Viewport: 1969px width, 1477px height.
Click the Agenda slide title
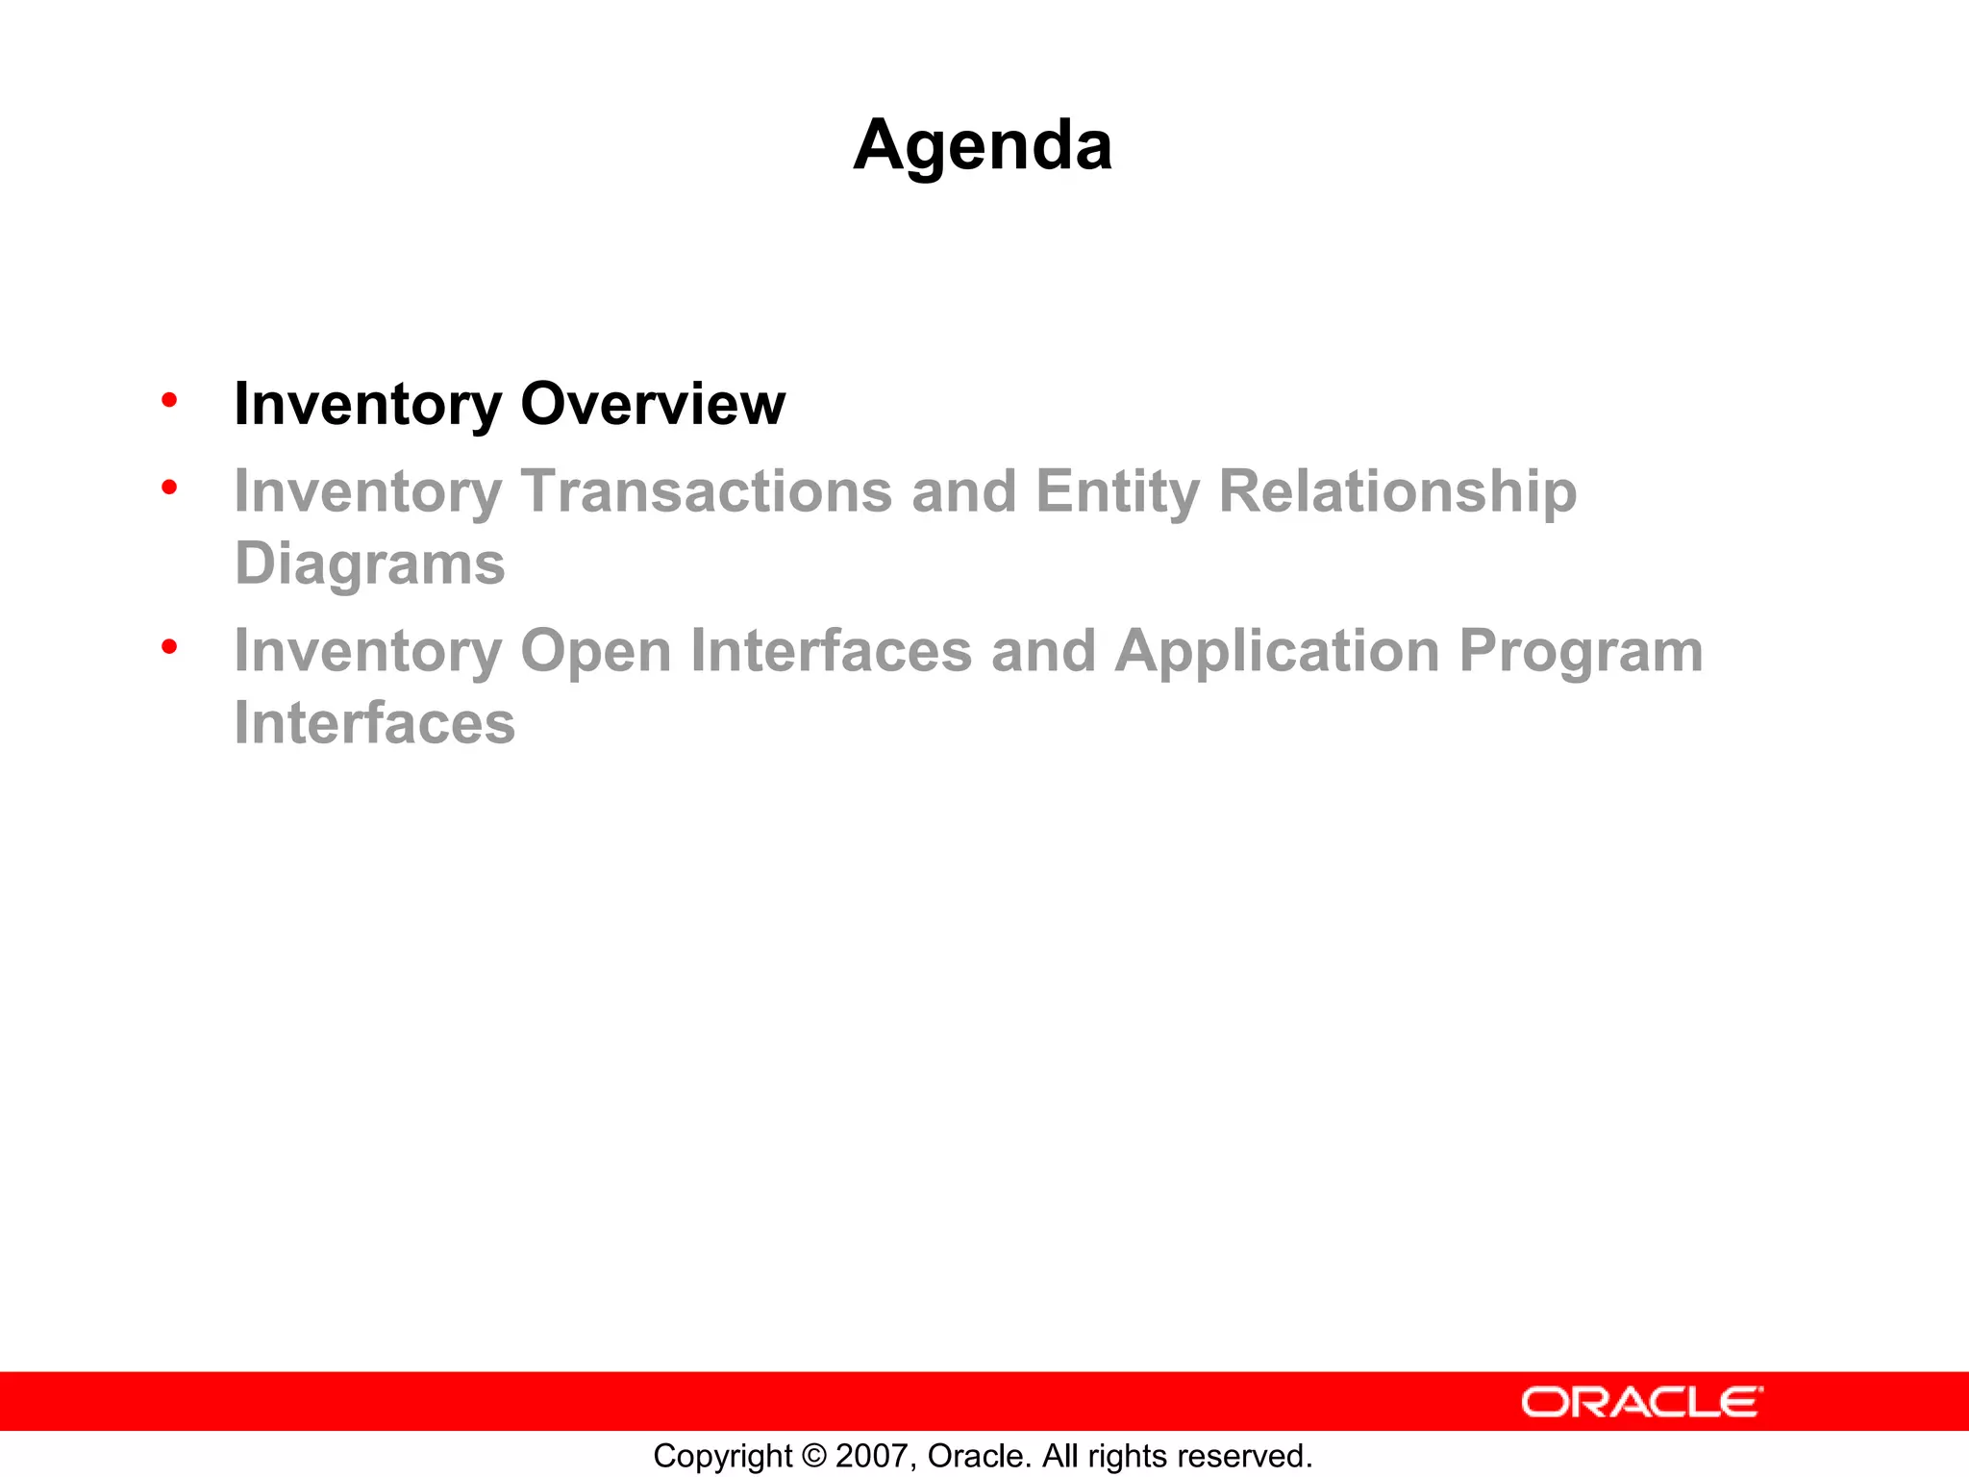(983, 146)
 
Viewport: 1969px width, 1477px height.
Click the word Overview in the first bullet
(653, 404)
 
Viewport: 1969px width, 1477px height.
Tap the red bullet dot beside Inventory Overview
(169, 399)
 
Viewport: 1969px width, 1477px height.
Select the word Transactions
(707, 491)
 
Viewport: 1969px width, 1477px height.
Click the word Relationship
(1398, 491)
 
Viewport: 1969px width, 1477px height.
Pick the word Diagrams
(370, 563)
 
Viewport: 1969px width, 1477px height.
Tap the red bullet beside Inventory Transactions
(169, 488)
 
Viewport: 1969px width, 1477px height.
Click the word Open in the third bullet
(595, 652)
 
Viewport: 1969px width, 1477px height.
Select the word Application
(1278, 652)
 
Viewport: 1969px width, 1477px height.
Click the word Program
(1581, 652)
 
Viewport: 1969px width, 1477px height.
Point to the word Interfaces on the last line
(375, 723)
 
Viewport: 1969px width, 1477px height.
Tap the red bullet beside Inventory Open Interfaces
(169, 647)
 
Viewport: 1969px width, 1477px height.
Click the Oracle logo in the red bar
(1642, 1402)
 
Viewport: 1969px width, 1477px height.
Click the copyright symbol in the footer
(813, 1456)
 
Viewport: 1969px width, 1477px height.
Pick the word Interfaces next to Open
(831, 652)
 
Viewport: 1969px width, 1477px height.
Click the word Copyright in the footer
(722, 1456)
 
